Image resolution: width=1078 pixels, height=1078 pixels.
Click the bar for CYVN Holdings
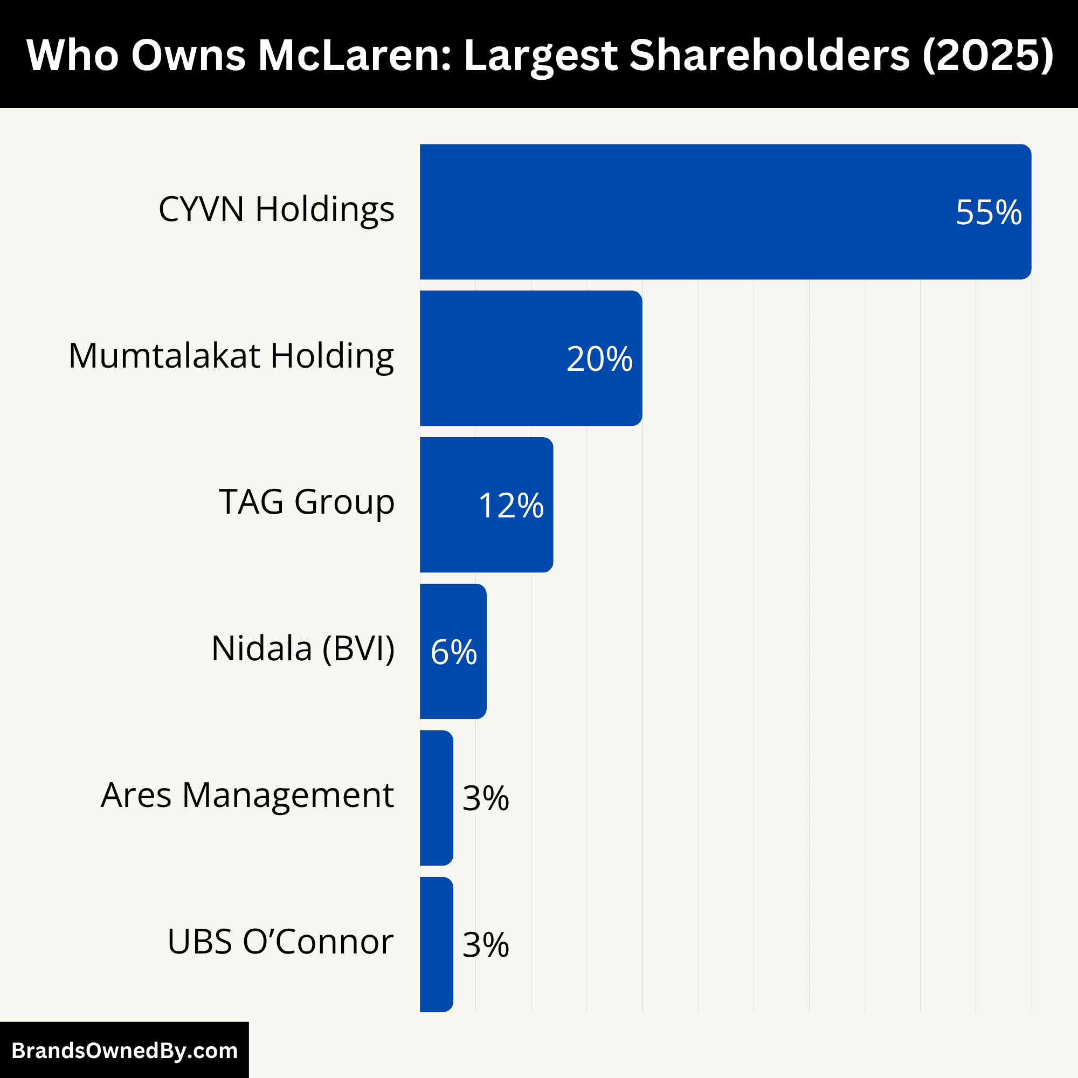point(725,212)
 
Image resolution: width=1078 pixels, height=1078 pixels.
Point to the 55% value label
point(989,212)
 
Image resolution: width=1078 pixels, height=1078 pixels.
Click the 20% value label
point(599,359)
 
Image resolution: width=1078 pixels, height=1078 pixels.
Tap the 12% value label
point(510,506)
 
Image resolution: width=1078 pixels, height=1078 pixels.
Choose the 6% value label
point(454,652)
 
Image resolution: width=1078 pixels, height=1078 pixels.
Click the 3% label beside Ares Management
point(486,798)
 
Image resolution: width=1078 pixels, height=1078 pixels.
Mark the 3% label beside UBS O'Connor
point(486,945)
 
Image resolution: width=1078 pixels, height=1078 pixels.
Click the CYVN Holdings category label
point(276,210)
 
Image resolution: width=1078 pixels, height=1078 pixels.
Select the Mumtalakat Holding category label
point(231,356)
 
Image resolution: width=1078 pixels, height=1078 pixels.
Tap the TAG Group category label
point(306,502)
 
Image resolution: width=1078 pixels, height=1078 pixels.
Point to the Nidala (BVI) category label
point(303,649)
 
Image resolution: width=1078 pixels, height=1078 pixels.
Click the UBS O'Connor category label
point(280,942)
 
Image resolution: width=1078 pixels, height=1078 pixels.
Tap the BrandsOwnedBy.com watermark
point(125,1051)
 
